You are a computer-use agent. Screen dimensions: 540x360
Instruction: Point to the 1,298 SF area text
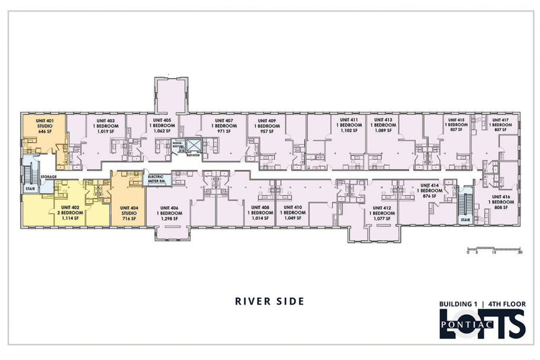(169, 219)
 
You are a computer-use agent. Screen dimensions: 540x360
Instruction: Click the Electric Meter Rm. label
(156, 179)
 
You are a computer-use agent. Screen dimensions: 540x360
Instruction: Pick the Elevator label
(193, 155)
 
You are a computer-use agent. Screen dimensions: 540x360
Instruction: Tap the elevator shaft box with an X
(193, 146)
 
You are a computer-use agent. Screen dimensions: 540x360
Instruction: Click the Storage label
(48, 177)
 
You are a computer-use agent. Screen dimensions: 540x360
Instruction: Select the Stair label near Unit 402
(30, 189)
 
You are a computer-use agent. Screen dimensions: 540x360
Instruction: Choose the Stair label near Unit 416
(465, 220)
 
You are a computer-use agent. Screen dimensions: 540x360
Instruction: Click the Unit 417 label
(500, 120)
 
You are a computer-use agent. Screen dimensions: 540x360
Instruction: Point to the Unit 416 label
(501, 197)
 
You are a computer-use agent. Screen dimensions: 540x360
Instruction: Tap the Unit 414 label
(429, 186)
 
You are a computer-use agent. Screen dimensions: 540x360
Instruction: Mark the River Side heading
(269, 301)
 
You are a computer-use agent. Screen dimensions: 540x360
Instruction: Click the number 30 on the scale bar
(519, 252)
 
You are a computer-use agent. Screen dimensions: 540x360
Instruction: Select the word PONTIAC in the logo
(467, 325)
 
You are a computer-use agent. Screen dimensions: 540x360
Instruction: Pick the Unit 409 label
(267, 121)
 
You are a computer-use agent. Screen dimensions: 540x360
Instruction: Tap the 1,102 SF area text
(349, 130)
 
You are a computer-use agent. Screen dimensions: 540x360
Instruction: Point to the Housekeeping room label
(178, 144)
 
